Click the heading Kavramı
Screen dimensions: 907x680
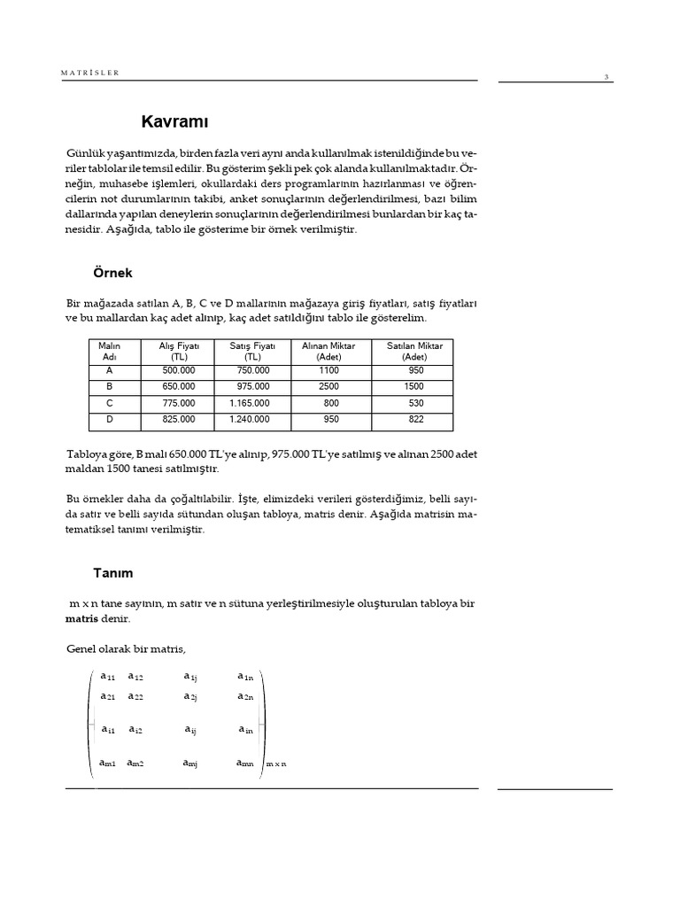(x=175, y=120)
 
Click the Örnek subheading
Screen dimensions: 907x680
(x=112, y=272)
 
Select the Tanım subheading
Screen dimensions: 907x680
(x=112, y=572)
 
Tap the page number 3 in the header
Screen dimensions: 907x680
(x=606, y=77)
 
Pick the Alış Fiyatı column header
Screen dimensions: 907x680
(x=180, y=351)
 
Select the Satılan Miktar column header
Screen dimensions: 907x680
(x=413, y=351)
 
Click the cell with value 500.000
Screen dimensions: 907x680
(x=180, y=372)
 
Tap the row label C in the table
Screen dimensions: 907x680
(x=110, y=403)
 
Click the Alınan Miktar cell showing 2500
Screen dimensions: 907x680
(x=328, y=387)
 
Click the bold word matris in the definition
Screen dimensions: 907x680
(x=83, y=619)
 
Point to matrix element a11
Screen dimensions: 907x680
(x=108, y=676)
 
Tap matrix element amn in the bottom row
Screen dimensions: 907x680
(x=245, y=762)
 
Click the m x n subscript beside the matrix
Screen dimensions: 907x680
(x=276, y=764)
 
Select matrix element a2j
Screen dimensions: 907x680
(x=190, y=697)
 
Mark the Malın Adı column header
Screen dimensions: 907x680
(x=110, y=351)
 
